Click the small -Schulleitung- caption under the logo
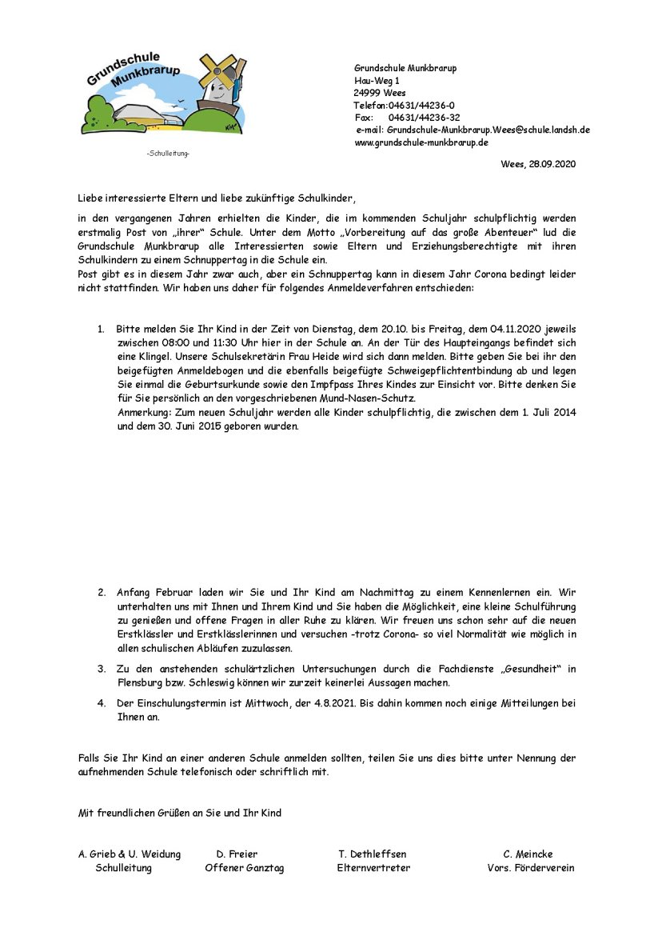click(168, 153)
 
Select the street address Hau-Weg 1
click(377, 81)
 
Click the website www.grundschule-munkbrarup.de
click(421, 142)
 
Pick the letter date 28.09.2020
click(551, 164)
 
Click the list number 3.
click(102, 668)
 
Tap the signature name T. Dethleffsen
click(373, 854)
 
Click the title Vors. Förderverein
click(530, 868)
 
